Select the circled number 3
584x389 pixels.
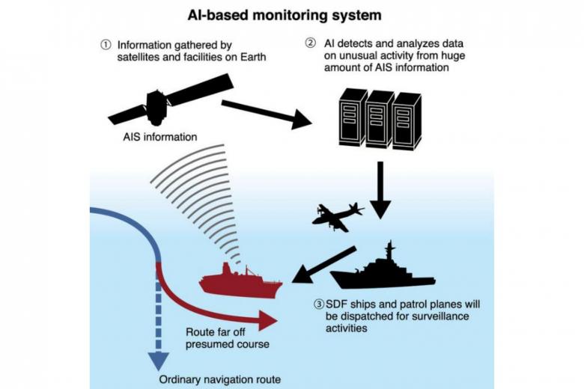[x=319, y=304]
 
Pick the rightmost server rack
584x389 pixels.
[x=406, y=120]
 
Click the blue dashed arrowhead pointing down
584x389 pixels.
[x=156, y=359]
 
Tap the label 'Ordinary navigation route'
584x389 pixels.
[x=220, y=379]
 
